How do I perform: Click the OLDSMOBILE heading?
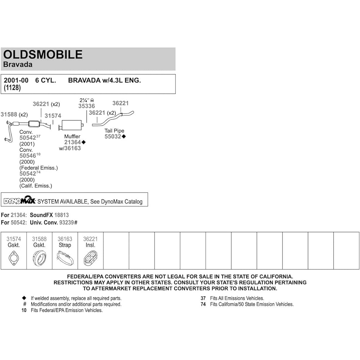pos(43,54)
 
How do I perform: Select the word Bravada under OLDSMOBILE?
pos(18,65)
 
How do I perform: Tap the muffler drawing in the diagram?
pos(71,125)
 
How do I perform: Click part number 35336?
pos(86,106)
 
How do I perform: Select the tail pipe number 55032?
pos(113,137)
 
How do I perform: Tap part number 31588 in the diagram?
pos(9,114)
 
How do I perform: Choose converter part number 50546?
pos(28,156)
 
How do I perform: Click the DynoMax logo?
pos(20,201)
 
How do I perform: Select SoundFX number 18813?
pos(61,215)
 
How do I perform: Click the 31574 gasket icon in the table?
pos(14,258)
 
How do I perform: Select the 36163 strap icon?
pos(65,258)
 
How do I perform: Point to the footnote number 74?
pos(203,304)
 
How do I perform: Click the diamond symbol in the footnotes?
pos(24,298)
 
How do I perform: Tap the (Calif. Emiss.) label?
pos(36,186)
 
